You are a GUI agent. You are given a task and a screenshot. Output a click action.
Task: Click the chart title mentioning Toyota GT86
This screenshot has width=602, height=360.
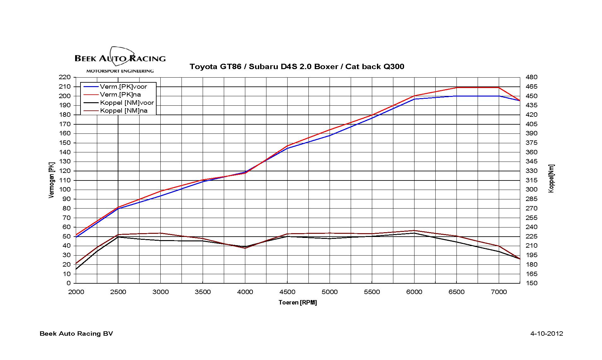point(297,67)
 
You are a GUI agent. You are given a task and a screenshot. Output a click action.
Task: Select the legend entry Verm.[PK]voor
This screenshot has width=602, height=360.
point(123,86)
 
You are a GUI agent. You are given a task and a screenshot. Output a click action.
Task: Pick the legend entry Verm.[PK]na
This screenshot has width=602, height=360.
point(120,94)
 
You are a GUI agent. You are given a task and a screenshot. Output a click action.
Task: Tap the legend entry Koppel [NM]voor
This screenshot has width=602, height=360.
point(127,103)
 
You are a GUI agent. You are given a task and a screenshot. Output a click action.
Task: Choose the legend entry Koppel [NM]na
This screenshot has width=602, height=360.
point(123,111)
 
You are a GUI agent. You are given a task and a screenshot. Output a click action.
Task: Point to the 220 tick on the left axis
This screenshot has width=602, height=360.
point(64,77)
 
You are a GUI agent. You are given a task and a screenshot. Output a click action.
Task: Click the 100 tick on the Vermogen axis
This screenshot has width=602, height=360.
point(64,190)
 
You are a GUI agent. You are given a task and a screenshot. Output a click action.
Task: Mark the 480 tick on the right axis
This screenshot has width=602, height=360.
point(531,77)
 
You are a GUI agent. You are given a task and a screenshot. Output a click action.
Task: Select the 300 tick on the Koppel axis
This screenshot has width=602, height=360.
point(531,190)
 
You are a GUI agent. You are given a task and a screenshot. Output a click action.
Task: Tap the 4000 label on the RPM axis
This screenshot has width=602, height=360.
point(245,292)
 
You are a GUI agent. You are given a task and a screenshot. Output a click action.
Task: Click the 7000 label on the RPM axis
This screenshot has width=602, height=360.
point(499,292)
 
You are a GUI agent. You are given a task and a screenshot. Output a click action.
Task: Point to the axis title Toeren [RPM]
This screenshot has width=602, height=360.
point(298,303)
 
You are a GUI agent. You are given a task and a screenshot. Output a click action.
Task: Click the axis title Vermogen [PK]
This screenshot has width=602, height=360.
point(52,180)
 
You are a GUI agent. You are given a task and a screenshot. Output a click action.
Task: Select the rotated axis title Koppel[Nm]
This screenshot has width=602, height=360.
point(551,179)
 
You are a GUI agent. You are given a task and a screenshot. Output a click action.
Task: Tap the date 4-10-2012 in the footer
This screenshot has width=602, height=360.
point(546,334)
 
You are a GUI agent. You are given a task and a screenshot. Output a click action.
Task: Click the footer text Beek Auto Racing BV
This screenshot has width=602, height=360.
point(76,334)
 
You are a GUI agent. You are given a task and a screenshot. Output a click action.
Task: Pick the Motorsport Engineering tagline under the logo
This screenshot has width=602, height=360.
point(120,71)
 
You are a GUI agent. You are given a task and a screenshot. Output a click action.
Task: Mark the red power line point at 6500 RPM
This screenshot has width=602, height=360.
point(456,87)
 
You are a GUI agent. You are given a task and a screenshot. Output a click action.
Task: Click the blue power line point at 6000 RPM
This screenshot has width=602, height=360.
point(414,99)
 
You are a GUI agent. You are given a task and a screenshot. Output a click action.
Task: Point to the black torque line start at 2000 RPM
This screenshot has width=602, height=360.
point(76,269)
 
